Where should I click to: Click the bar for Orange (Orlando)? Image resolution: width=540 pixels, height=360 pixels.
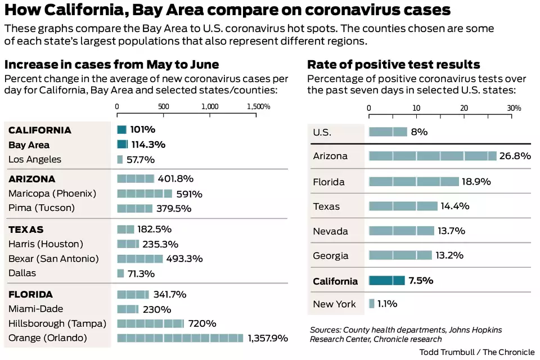(x=181, y=338)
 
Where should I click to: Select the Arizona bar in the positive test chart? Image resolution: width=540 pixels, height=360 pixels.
(x=433, y=156)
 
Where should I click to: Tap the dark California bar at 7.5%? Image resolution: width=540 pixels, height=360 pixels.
(x=386, y=281)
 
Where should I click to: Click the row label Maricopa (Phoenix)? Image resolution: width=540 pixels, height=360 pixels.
(x=52, y=193)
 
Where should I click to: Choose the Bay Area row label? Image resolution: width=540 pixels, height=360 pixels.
(x=29, y=145)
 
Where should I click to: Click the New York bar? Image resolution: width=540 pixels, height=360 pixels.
(x=372, y=304)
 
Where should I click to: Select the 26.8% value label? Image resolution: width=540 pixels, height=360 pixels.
(x=515, y=156)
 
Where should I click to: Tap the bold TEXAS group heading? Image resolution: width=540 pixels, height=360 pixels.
(x=26, y=229)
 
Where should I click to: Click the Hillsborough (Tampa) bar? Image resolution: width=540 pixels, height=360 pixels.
(x=150, y=323)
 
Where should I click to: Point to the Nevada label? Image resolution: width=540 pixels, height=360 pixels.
(x=331, y=231)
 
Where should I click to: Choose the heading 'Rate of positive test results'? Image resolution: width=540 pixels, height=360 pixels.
(x=393, y=64)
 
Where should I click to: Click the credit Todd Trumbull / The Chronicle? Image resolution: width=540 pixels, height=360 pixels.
(x=477, y=352)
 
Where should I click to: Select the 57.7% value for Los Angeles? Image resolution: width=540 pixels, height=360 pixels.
(x=140, y=160)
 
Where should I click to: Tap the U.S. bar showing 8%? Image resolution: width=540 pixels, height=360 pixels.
(x=388, y=132)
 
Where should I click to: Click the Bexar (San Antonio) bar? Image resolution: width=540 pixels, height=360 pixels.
(x=140, y=259)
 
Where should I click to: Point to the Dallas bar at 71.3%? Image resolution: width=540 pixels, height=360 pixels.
(x=120, y=273)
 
